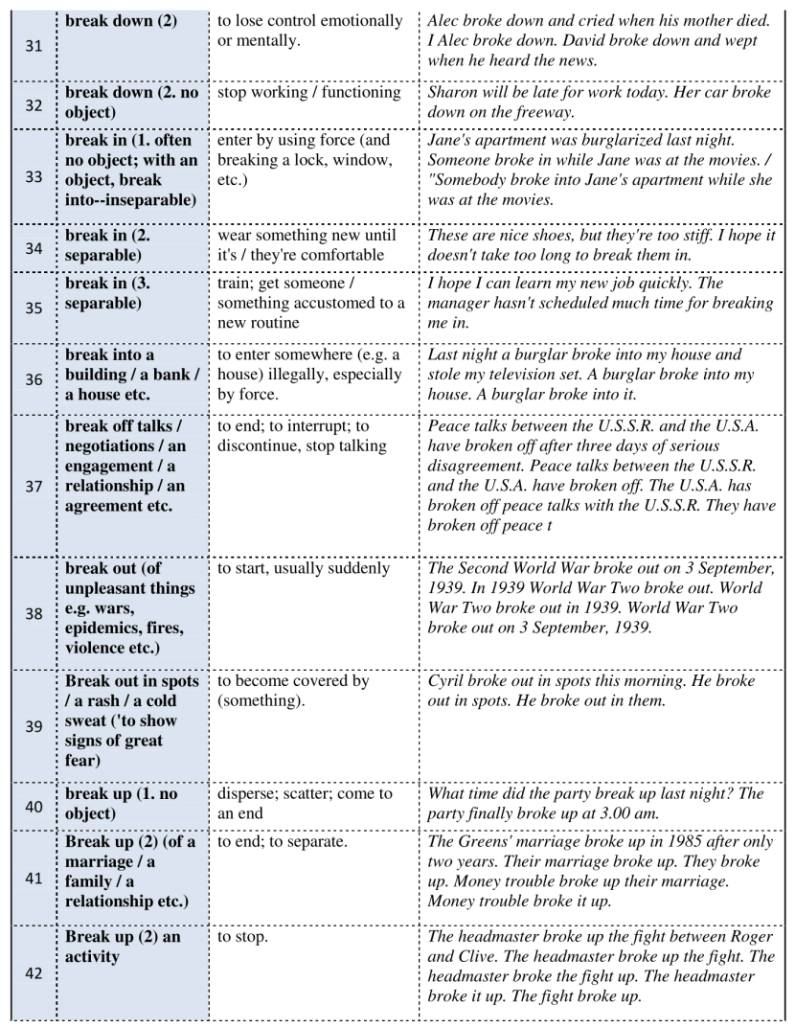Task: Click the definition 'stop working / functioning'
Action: (308, 93)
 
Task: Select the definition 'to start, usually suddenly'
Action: (304, 568)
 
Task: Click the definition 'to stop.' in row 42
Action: (242, 936)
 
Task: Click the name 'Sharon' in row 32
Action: (454, 93)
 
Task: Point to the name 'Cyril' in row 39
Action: (447, 681)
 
